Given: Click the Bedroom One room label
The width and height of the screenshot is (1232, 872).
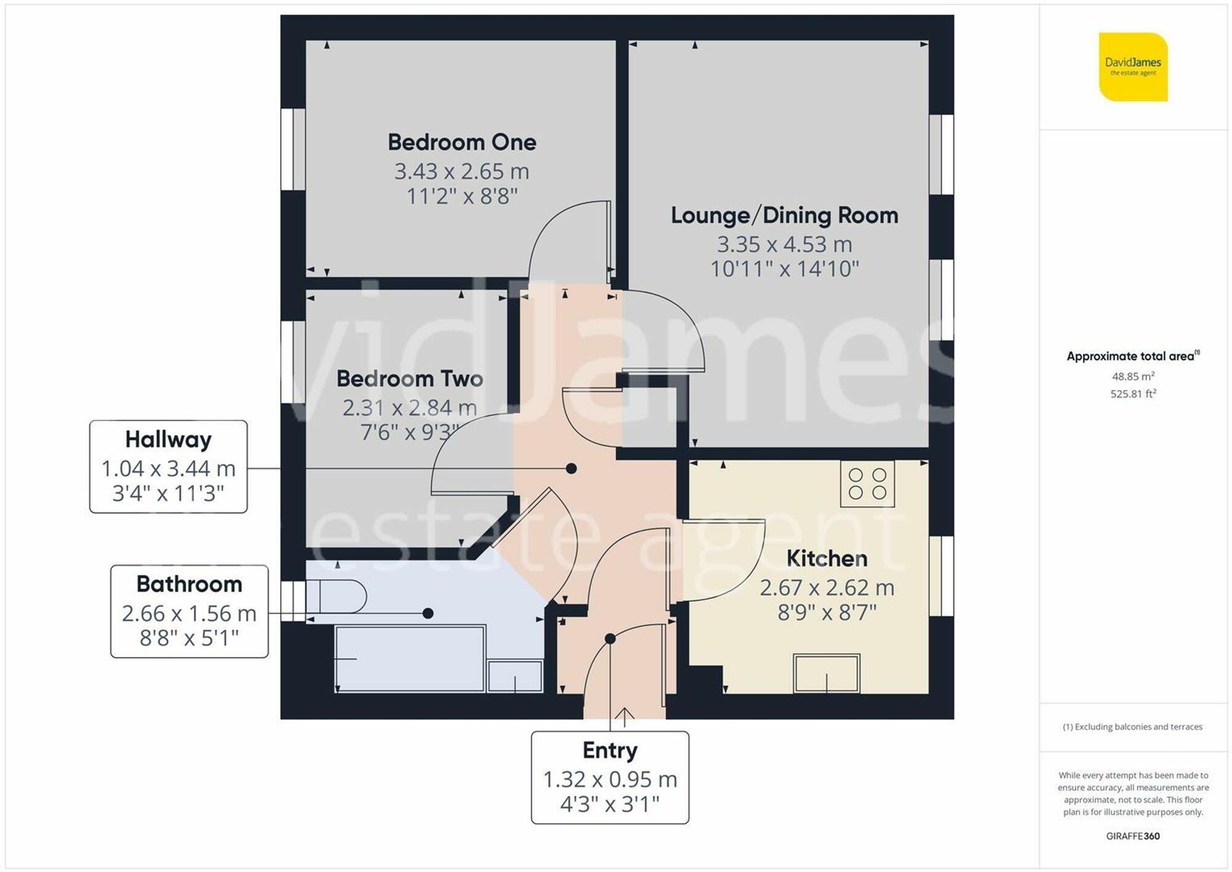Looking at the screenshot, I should pyautogui.click(x=462, y=142).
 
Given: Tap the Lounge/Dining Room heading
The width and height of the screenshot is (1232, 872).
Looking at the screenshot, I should pyautogui.click(x=784, y=216).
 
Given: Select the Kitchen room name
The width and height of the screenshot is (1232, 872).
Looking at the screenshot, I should pyautogui.click(x=827, y=559).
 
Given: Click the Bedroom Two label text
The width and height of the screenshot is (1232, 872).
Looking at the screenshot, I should pyautogui.click(x=410, y=379).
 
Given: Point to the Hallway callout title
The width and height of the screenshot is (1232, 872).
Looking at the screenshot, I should pyautogui.click(x=168, y=440).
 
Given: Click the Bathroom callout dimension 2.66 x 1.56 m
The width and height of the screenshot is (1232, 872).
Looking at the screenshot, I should pyautogui.click(x=189, y=614).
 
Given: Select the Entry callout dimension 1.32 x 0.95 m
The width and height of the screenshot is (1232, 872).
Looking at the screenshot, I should pyautogui.click(x=610, y=780).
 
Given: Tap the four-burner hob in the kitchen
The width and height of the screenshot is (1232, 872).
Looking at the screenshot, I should pyautogui.click(x=867, y=484).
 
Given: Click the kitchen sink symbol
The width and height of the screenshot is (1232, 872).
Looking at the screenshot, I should pyautogui.click(x=826, y=673).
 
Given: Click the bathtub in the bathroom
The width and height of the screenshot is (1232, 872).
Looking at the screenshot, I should pyautogui.click(x=410, y=659).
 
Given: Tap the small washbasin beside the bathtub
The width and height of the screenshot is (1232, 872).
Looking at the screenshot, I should pyautogui.click(x=515, y=676).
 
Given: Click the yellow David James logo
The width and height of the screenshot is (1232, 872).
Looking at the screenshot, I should pyautogui.click(x=1133, y=67).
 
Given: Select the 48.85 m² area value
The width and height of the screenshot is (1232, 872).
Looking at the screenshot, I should pyautogui.click(x=1133, y=377).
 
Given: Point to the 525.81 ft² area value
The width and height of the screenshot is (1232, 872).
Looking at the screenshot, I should pyautogui.click(x=1133, y=394).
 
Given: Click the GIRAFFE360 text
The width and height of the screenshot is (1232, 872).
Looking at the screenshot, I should pyautogui.click(x=1133, y=836).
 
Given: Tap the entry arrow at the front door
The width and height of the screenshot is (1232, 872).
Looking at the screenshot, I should pyautogui.click(x=625, y=716).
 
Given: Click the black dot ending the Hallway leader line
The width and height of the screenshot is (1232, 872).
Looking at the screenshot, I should pyautogui.click(x=571, y=469).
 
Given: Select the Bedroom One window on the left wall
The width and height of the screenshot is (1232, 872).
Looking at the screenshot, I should pyautogui.click(x=293, y=149).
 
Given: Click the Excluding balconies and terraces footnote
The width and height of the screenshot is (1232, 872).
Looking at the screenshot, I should pyautogui.click(x=1132, y=727).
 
